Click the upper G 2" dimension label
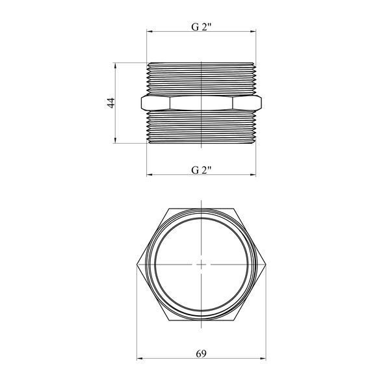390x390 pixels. click(x=201, y=27)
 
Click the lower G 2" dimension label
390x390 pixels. click(x=201, y=170)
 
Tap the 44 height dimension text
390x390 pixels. click(x=111, y=103)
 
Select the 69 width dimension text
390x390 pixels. click(x=201, y=354)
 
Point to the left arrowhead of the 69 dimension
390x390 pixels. click(x=140, y=359)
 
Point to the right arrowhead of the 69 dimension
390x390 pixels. click(x=263, y=359)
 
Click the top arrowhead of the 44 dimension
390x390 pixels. click(x=115, y=66)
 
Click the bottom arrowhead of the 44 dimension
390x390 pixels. click(x=115, y=140)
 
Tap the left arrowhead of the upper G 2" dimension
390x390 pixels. click(x=149, y=32)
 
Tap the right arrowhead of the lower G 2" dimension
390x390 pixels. click(x=253, y=175)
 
